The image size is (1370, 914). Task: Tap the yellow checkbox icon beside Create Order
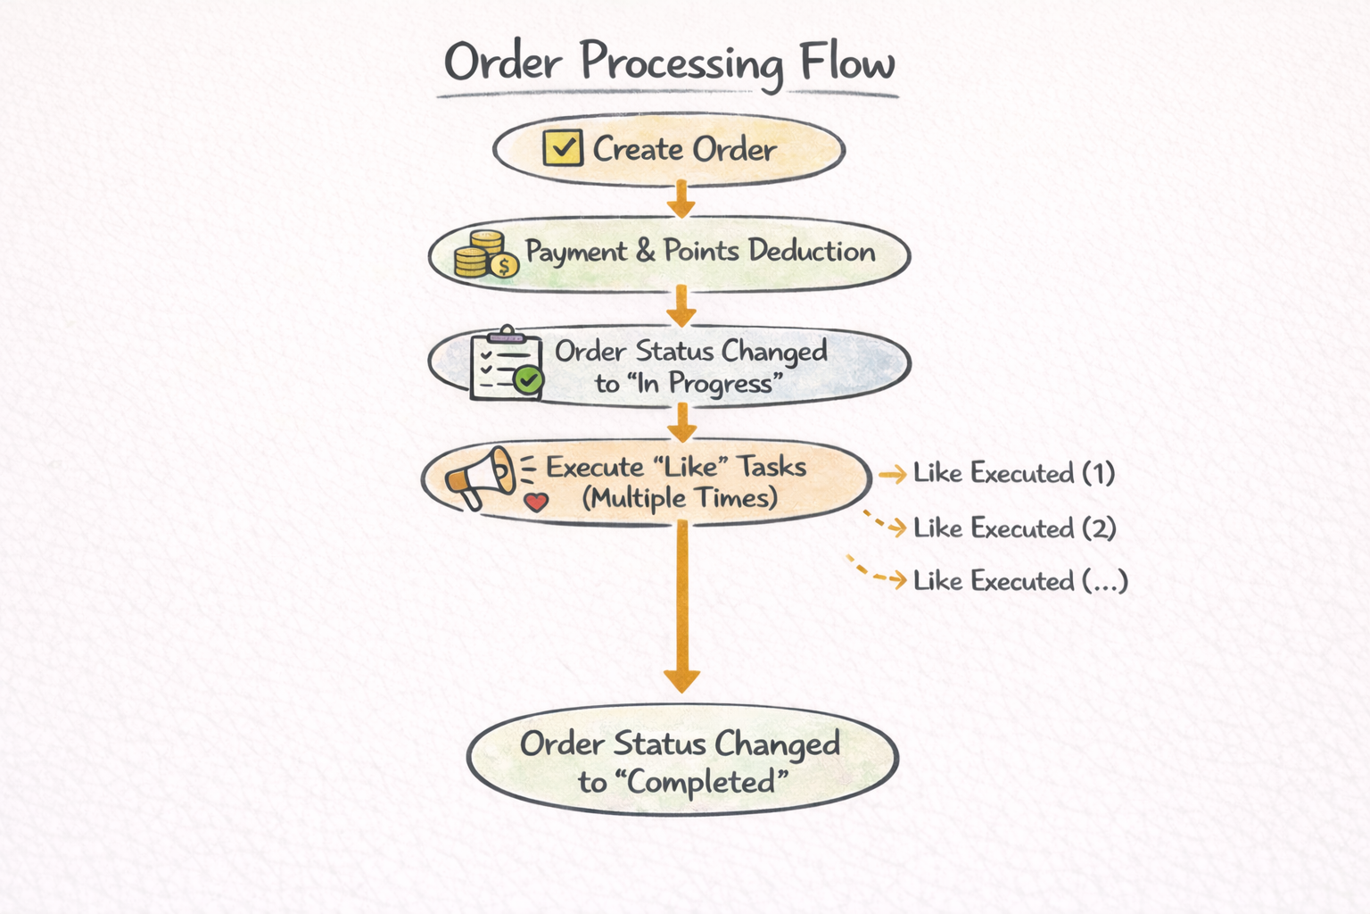click(563, 148)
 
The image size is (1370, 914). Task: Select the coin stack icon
click(483, 254)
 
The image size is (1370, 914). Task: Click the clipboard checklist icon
click(505, 364)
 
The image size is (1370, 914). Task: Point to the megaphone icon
click(482, 477)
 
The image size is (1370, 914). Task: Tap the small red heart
click(536, 502)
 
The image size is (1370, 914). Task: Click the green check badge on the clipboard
click(529, 380)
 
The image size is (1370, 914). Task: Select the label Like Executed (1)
click(1014, 473)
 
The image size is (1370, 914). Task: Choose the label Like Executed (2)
click(1014, 528)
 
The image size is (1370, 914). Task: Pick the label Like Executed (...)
click(1020, 581)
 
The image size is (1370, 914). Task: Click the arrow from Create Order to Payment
click(681, 199)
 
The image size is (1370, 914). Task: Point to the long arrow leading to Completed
click(681, 607)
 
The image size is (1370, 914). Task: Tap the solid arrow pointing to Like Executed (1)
click(892, 475)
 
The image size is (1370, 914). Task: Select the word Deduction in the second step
click(812, 251)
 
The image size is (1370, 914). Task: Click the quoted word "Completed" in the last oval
click(708, 783)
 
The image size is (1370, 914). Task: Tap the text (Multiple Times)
click(680, 498)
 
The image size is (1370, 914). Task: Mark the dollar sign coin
click(504, 266)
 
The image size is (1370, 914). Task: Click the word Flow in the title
click(846, 62)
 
